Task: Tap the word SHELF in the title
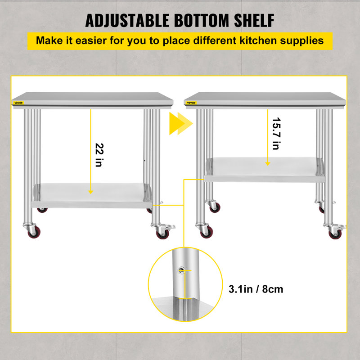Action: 252,21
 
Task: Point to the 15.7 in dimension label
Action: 276,134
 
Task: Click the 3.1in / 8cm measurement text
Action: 255,288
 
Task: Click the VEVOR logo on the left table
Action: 18,103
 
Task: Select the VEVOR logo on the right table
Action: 192,103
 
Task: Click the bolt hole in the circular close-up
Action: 181,270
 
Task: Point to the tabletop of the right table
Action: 265,97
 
